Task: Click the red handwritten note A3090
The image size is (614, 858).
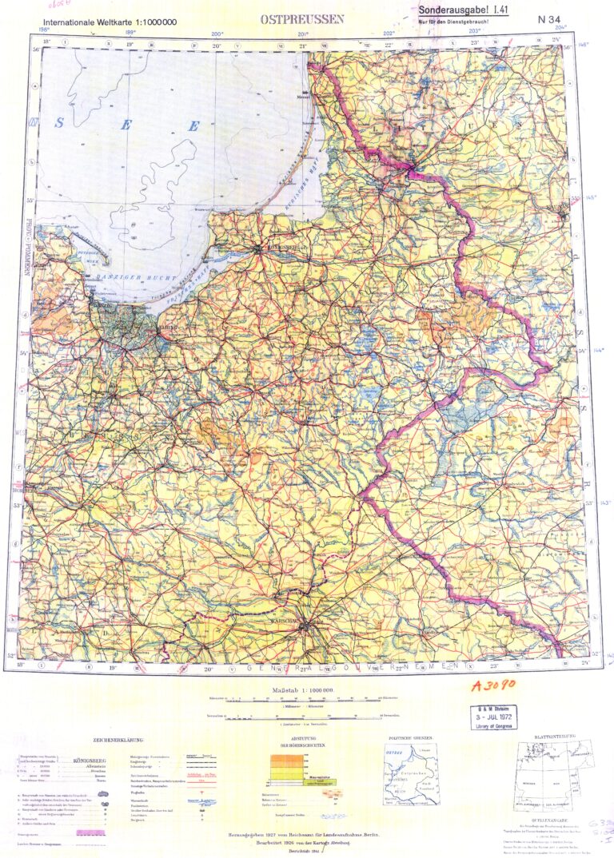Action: [x=495, y=686]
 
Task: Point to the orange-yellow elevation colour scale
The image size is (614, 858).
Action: [x=285, y=773]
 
